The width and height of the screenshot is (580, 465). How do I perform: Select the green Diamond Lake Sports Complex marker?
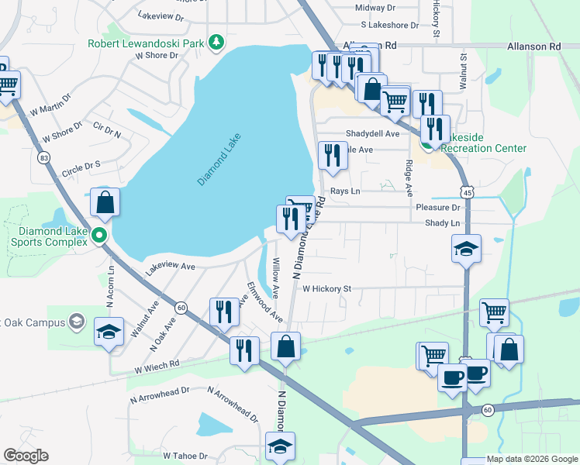click(x=98, y=235)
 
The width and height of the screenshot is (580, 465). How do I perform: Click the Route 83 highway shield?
click(x=44, y=157)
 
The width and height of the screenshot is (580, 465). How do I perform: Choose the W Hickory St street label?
click(x=326, y=289)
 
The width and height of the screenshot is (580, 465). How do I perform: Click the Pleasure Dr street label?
click(x=438, y=208)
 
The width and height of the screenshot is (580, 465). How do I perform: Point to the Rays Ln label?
click(x=345, y=191)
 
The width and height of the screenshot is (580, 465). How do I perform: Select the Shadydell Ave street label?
click(x=372, y=133)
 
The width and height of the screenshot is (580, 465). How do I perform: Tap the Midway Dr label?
click(x=375, y=8)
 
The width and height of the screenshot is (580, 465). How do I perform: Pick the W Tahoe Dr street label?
click(x=185, y=456)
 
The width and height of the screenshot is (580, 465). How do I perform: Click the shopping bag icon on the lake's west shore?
click(x=105, y=202)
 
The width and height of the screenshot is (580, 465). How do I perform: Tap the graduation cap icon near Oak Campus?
click(x=109, y=332)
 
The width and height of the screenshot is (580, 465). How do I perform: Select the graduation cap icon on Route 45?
click(x=466, y=249)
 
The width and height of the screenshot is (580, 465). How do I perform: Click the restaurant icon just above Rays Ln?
click(x=333, y=155)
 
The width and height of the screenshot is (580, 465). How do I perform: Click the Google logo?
click(x=26, y=456)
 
